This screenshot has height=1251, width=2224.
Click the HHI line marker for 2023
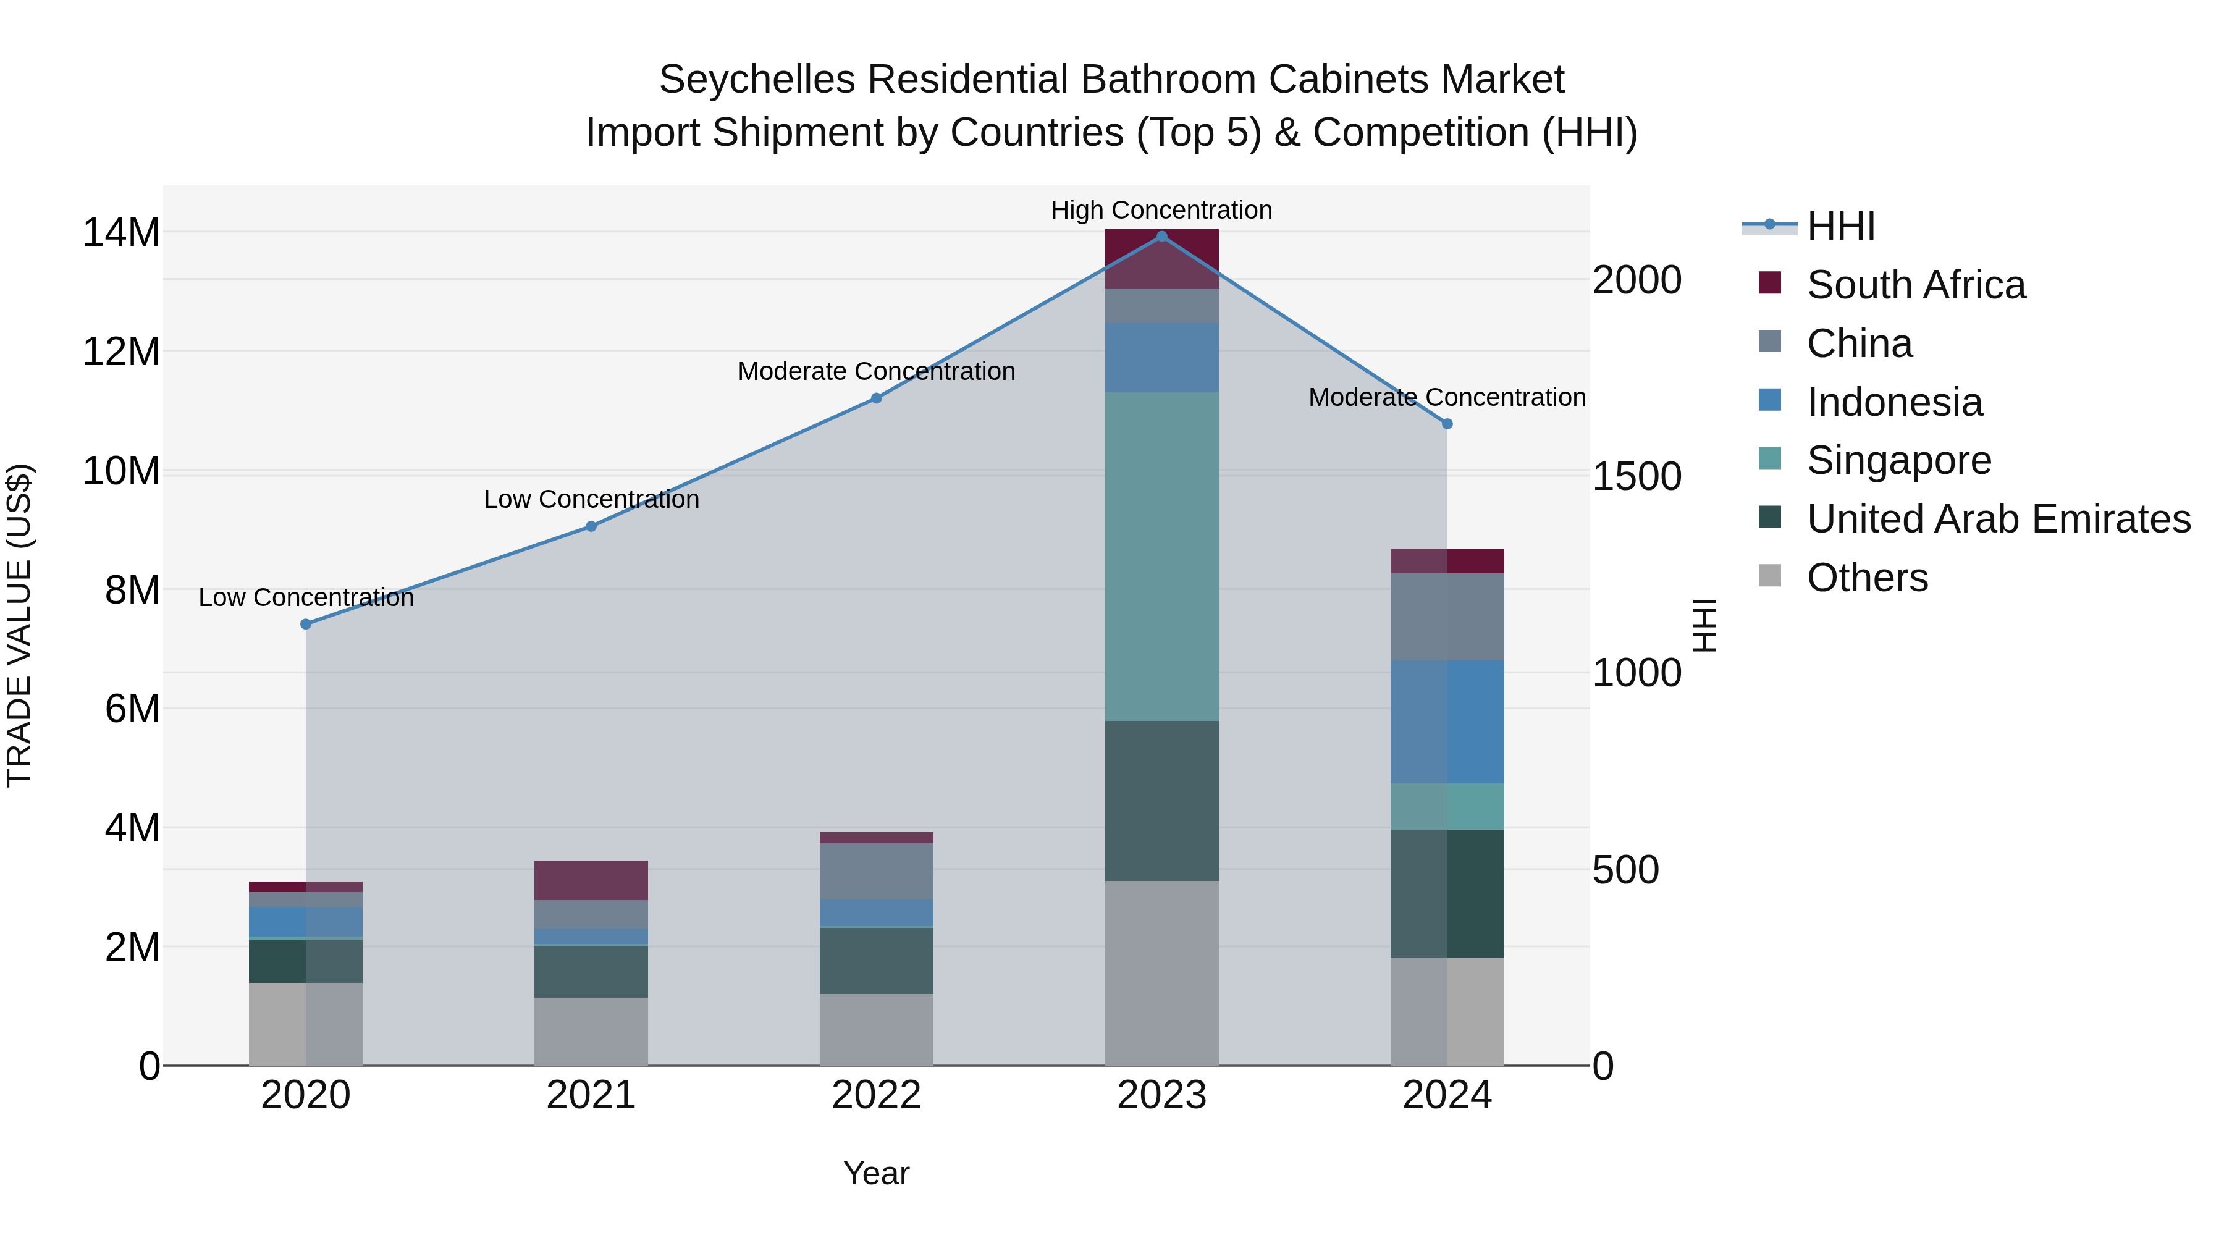[1161, 237]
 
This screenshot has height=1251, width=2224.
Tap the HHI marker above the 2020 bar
[306, 624]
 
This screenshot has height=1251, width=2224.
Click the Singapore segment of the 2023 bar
[1161, 557]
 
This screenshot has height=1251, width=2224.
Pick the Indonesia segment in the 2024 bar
[1447, 722]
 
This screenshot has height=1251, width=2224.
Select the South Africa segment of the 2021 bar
[591, 880]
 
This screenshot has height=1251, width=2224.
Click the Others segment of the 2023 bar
[1161, 973]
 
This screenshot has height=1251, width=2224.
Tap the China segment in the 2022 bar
[876, 872]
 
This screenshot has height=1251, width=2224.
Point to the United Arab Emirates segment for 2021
[591, 972]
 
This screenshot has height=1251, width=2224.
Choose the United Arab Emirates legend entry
[1998, 519]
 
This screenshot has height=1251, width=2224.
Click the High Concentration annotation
[1161, 211]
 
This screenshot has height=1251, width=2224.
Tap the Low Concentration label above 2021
[591, 500]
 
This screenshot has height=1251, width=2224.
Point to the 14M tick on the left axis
[121, 233]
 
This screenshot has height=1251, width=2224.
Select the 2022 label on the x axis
[876, 1095]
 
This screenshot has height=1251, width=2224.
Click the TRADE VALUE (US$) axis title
[19, 625]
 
